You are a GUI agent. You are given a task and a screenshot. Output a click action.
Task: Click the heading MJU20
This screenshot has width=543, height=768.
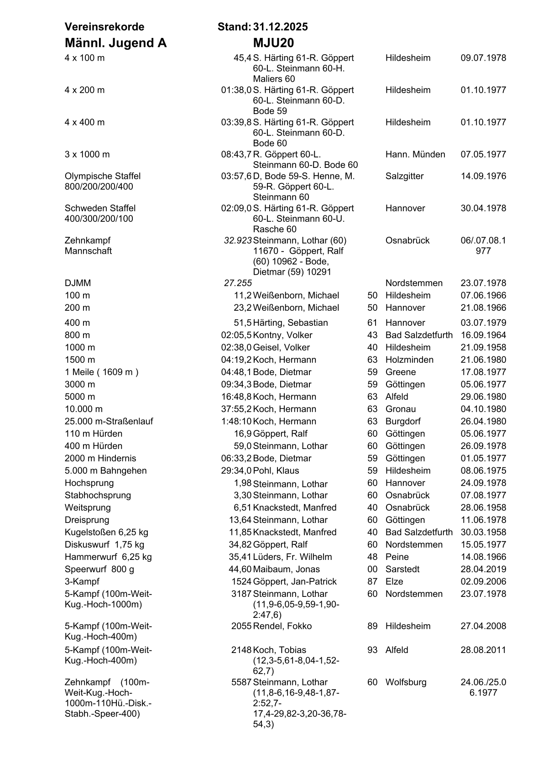pos(273,43)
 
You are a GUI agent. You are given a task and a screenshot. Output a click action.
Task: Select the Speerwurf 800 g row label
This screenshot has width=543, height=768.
pos(99,569)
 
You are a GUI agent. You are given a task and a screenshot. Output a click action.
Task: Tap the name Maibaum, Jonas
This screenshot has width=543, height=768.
pos(286,569)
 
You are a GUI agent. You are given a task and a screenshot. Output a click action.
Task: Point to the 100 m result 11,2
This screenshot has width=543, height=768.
pos(242,295)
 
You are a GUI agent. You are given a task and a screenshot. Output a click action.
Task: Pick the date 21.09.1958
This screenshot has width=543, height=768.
pos(483,347)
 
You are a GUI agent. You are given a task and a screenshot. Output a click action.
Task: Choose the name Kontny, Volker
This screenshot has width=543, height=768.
pos(282,335)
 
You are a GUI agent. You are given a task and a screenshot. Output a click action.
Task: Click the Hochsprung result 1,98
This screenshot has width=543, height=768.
pos(242,483)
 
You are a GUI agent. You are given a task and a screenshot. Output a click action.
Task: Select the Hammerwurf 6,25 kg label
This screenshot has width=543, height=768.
pos(108,557)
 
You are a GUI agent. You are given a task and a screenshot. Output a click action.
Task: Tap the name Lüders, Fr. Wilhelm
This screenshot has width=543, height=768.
pos(292,557)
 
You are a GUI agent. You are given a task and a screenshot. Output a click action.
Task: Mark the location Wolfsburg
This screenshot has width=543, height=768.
pos(406,682)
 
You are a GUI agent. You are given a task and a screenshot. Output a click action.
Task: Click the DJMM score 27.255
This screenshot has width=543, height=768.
pos(238,283)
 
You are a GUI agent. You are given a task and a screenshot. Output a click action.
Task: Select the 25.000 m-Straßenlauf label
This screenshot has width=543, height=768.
pos(109,421)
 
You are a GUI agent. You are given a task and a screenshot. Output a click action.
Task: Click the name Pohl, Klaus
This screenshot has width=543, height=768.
pos(276,470)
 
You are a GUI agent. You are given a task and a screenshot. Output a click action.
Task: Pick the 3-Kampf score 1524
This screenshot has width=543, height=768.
pos(241,581)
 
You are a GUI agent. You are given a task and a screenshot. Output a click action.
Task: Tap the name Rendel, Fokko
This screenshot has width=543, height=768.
pos(282,626)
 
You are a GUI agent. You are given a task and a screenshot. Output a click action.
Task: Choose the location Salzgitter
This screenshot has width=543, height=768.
pos(404,176)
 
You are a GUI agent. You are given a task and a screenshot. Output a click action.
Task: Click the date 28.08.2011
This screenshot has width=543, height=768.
pos(483,650)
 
